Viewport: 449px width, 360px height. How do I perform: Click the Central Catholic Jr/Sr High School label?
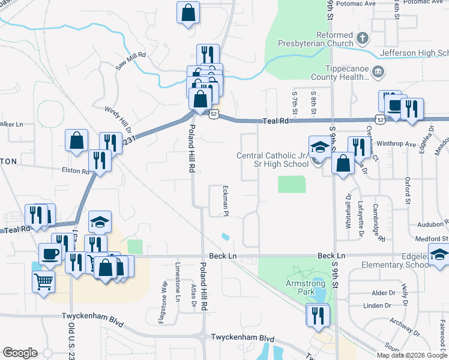(x=272, y=160)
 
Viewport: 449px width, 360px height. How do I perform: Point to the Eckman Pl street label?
(x=227, y=200)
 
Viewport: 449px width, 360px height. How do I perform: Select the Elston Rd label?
(x=75, y=170)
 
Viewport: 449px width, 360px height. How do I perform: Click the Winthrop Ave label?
(x=402, y=144)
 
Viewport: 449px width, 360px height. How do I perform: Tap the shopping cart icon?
(x=43, y=281)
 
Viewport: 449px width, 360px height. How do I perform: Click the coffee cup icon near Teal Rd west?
(x=49, y=253)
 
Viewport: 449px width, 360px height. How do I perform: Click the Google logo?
(x=20, y=353)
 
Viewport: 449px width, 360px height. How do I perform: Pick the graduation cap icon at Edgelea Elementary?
(x=439, y=255)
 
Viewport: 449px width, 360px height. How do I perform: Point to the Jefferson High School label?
(x=414, y=53)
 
